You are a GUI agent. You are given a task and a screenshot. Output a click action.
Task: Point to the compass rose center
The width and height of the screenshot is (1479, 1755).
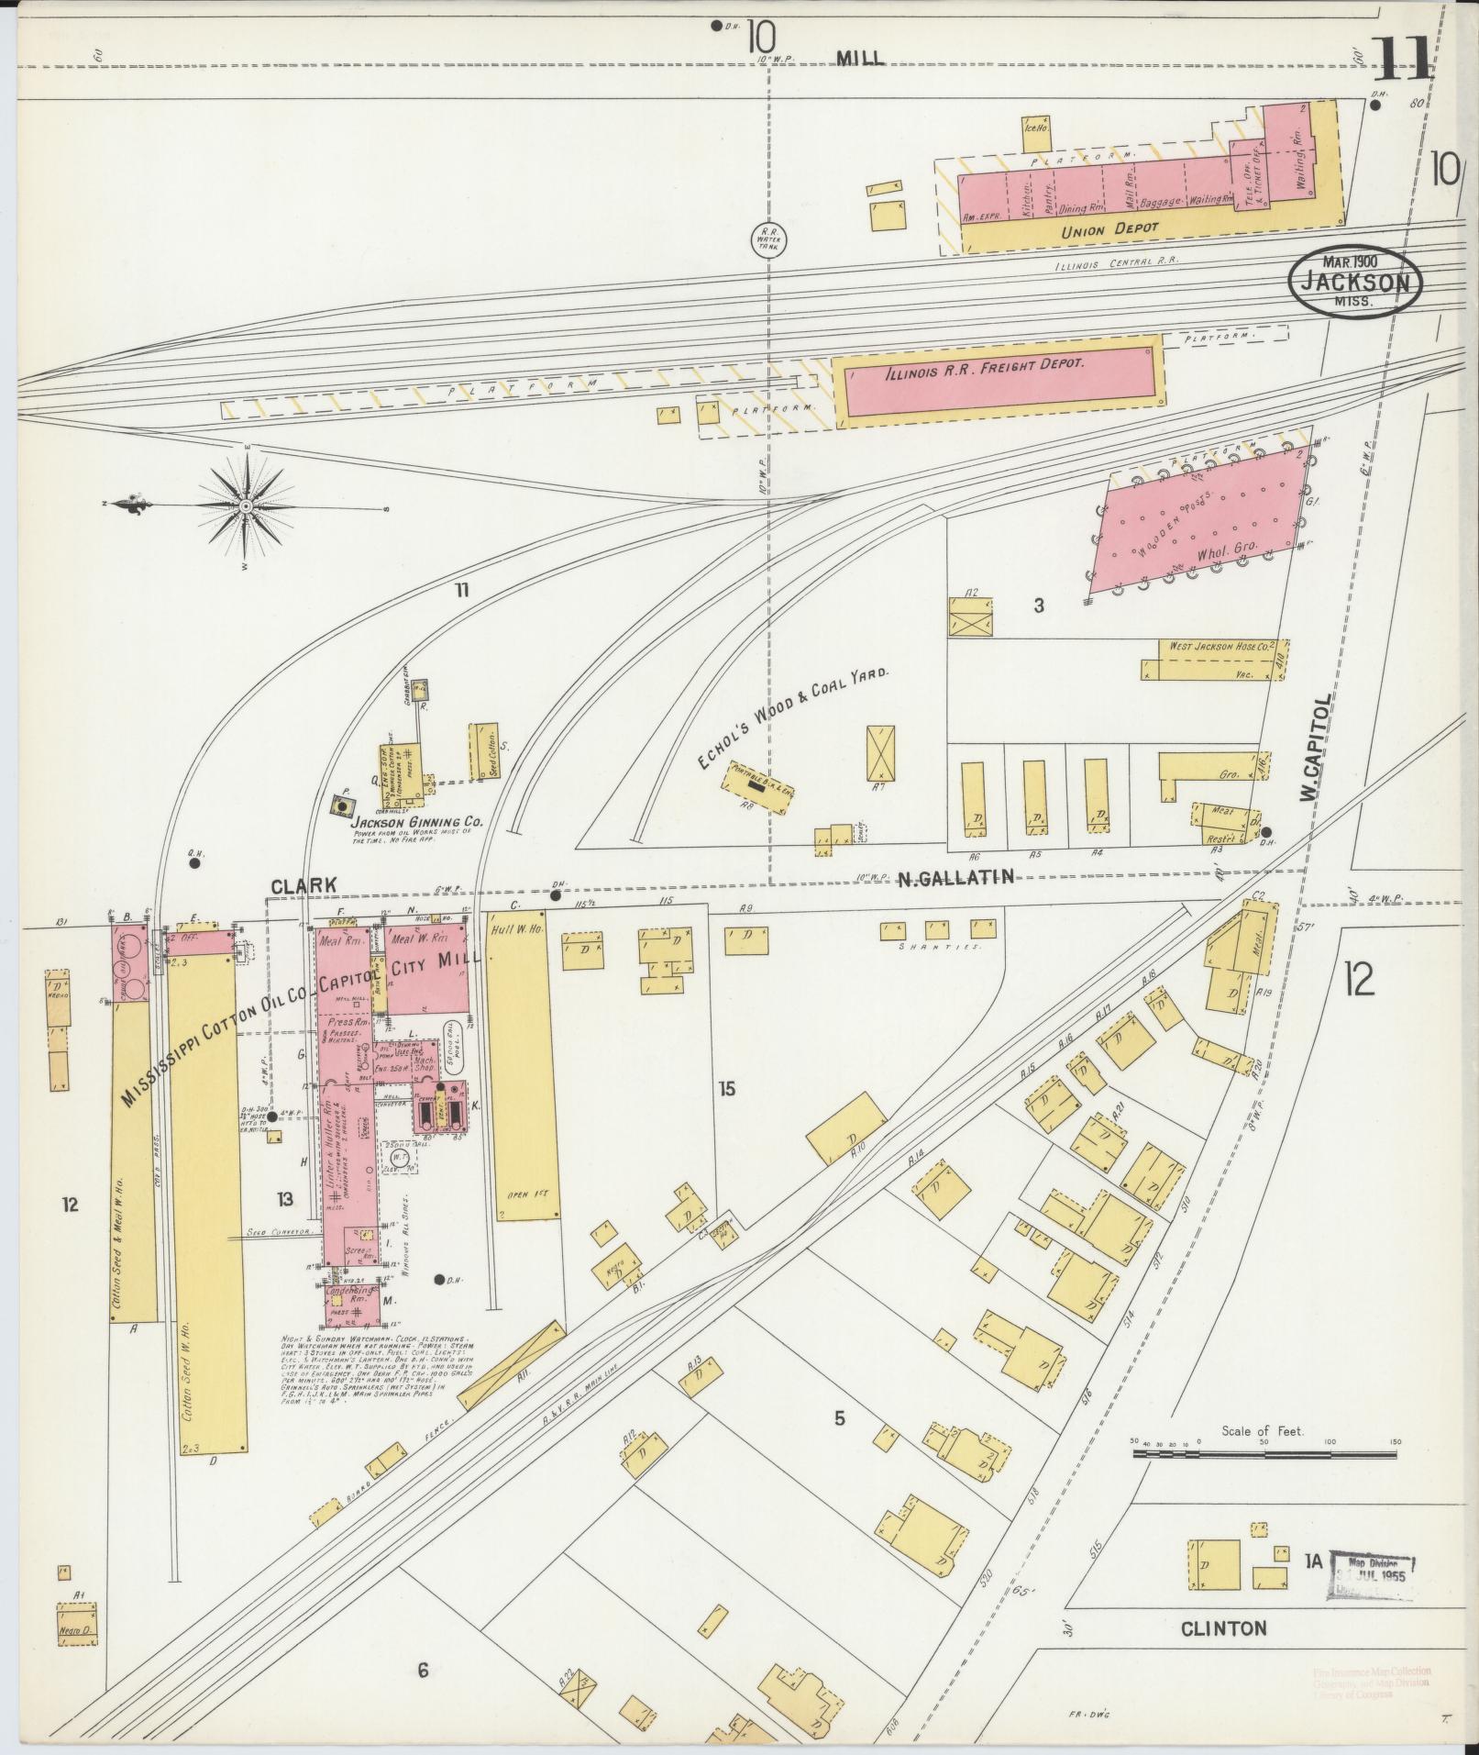click(x=246, y=506)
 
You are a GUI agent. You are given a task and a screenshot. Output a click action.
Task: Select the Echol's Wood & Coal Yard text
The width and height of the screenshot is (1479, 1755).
click(x=793, y=718)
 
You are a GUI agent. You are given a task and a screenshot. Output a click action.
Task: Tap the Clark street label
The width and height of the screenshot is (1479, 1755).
click(x=304, y=885)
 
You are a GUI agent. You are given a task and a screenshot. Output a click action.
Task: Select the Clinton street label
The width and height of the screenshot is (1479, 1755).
click(x=1224, y=1628)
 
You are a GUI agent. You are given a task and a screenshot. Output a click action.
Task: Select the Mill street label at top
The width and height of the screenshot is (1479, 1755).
click(x=860, y=58)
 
